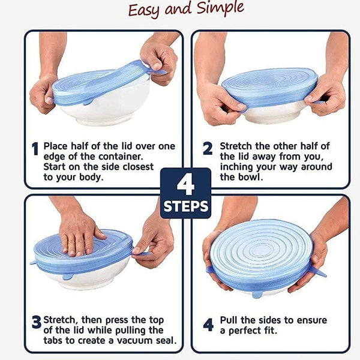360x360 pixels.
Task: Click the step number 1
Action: tap(35, 148)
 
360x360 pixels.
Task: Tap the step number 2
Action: tap(208, 149)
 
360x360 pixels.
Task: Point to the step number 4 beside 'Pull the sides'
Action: tap(208, 325)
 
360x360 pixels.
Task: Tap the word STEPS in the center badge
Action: tap(185, 207)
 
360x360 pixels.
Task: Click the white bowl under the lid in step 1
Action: tap(102, 111)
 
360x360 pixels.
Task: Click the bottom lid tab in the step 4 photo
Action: tap(257, 294)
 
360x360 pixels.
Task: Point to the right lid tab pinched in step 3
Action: tap(143, 254)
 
